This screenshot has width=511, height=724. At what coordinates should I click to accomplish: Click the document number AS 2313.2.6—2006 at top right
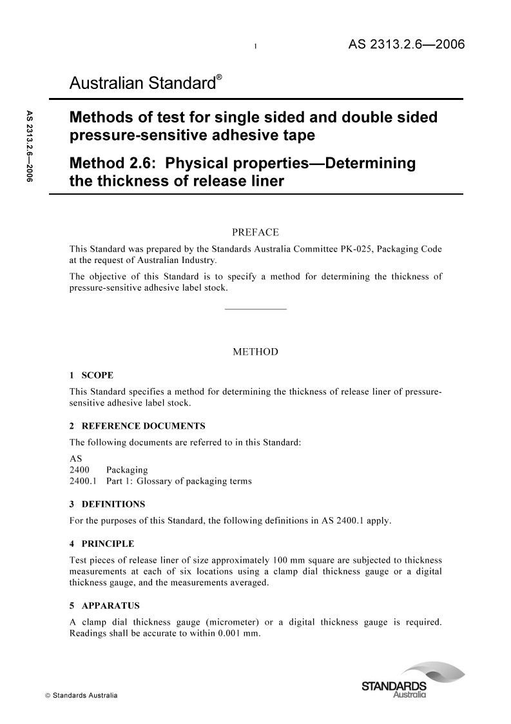[x=407, y=45]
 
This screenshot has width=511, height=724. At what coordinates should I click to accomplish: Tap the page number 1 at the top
[x=256, y=46]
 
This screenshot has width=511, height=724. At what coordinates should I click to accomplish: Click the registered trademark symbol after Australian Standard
[x=219, y=77]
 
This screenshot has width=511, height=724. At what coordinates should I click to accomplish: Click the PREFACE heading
[x=255, y=231]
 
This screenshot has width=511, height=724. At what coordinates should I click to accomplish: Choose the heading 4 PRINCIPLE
[x=102, y=543]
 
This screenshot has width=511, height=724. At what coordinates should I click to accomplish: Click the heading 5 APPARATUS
[x=104, y=606]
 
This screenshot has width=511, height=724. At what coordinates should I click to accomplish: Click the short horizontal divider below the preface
[x=255, y=310]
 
